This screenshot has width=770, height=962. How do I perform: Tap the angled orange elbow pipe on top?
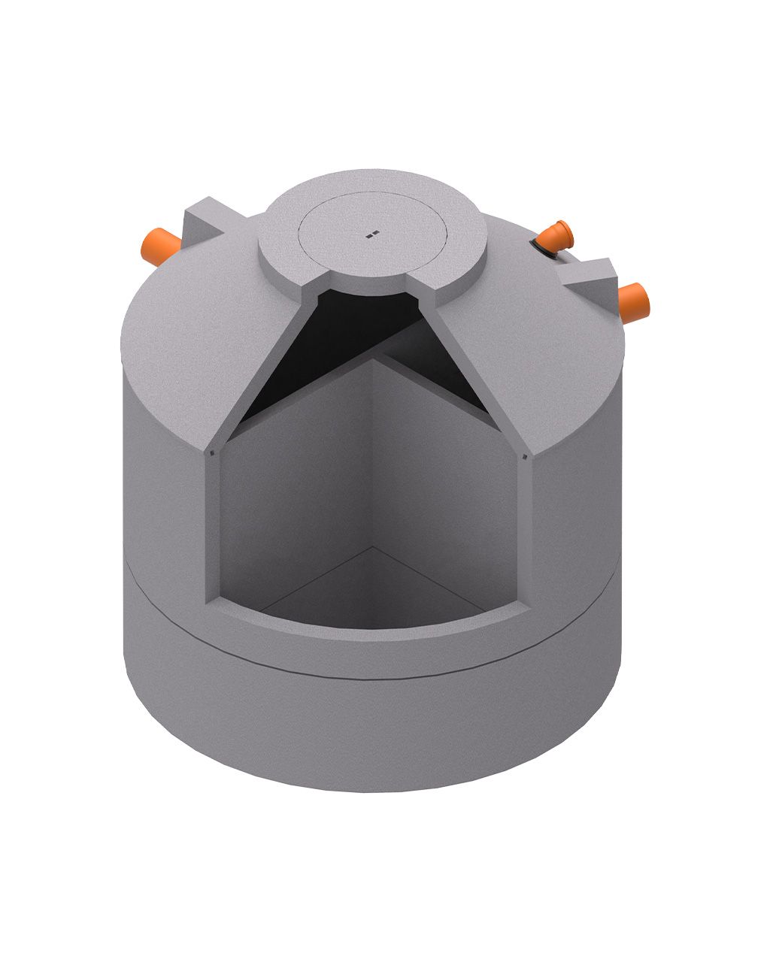click(555, 237)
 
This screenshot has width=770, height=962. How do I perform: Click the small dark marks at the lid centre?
click(371, 234)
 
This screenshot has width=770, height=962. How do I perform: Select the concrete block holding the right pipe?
click(594, 277)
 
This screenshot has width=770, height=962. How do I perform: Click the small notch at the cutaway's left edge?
click(213, 453)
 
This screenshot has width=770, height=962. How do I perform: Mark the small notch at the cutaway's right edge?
click(525, 455)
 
